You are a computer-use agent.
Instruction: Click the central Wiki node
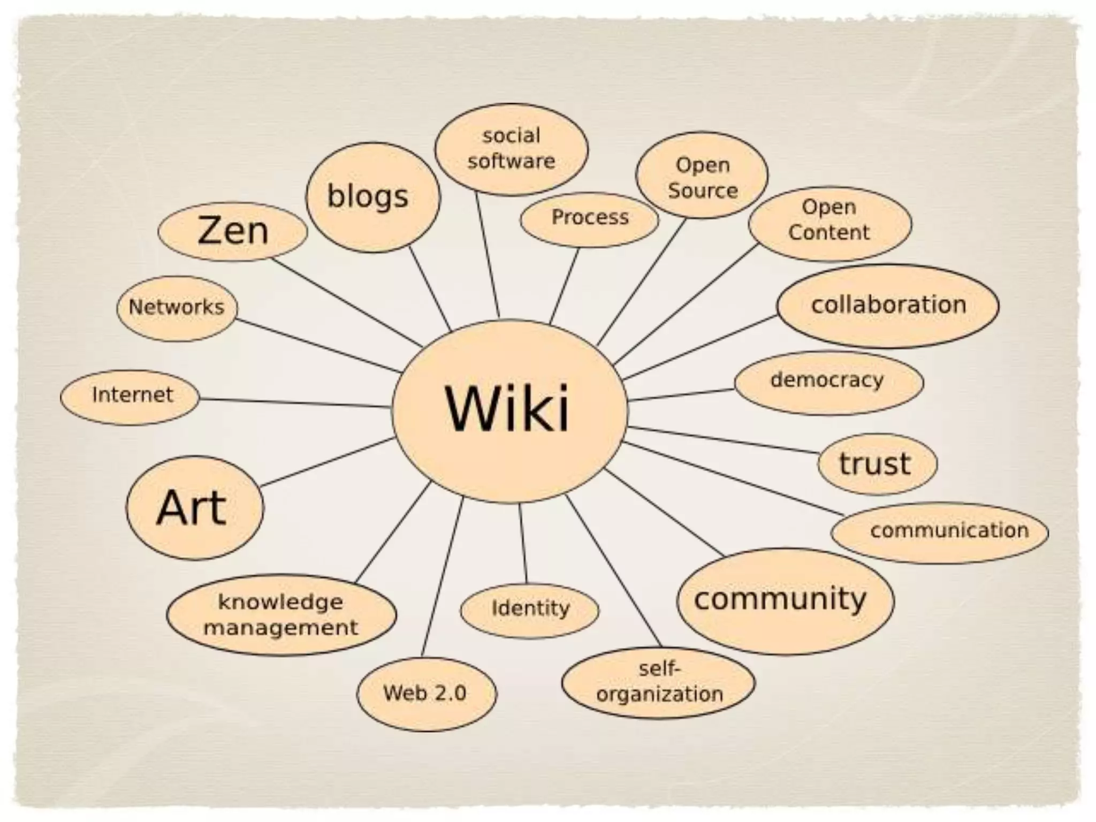[509, 410]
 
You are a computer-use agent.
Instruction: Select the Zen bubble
[233, 231]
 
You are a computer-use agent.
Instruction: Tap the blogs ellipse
[372, 197]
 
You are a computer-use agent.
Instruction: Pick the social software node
[511, 149]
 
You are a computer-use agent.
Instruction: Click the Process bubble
[589, 218]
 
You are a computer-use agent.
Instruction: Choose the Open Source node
[702, 177]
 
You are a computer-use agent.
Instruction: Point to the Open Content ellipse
[829, 222]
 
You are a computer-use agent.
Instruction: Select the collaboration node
[887, 305]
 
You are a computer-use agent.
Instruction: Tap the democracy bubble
[828, 382]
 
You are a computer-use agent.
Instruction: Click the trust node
[877, 463]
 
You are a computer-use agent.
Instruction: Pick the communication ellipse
[940, 531]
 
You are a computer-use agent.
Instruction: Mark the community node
[785, 600]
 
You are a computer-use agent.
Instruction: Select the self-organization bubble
[658, 682]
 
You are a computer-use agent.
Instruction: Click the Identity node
[529, 610]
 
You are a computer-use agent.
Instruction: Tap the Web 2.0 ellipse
[426, 694]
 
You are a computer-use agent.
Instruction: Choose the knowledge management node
[281, 615]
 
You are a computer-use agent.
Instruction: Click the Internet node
[130, 397]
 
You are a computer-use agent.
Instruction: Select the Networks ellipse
[177, 308]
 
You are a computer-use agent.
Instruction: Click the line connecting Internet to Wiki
[294, 402]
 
